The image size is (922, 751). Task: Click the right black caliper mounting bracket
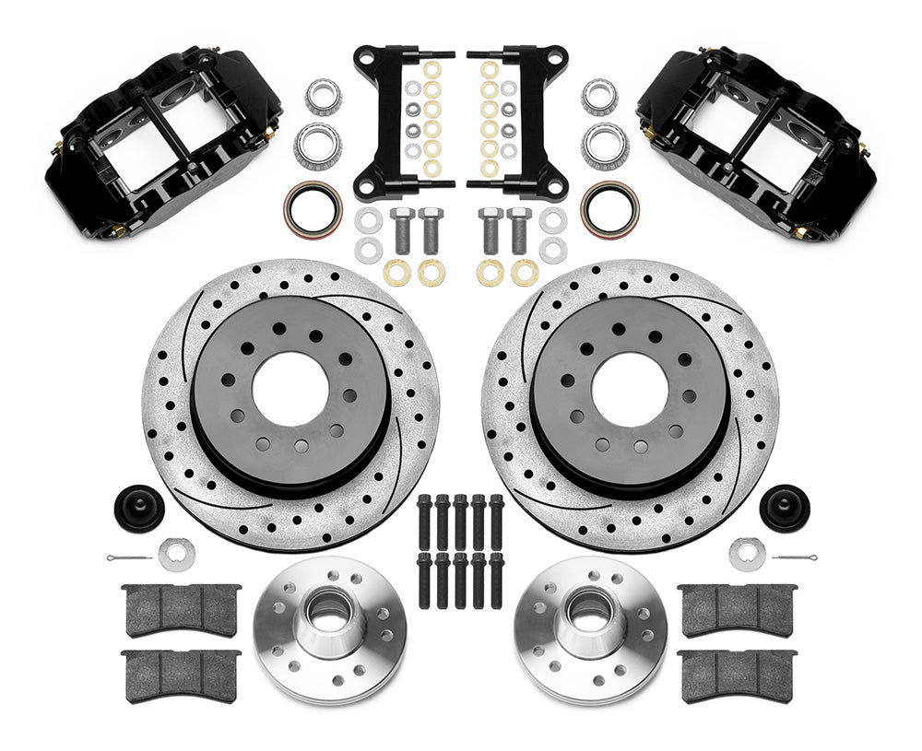tap(516, 120)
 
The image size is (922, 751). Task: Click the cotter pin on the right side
tap(793, 558)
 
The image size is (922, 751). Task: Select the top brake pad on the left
tap(182, 607)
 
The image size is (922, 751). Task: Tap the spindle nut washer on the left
tap(176, 553)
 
